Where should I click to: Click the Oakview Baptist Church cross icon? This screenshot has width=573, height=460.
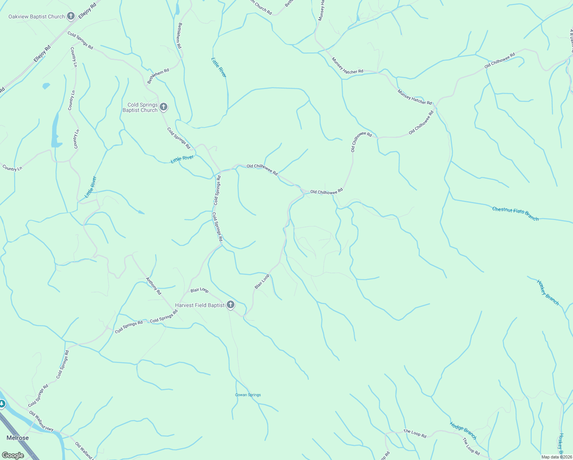pyautogui.click(x=71, y=16)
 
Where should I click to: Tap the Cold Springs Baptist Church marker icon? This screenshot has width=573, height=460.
pyautogui.click(x=164, y=107)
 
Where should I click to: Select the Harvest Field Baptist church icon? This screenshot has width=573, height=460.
pyautogui.click(x=230, y=305)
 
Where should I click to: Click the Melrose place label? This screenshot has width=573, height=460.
pyautogui.click(x=18, y=438)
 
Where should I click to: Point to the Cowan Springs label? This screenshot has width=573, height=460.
pyautogui.click(x=248, y=395)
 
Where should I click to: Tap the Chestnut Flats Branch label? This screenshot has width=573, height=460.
pyautogui.click(x=515, y=214)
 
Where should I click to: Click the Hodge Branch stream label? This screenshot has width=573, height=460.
pyautogui.click(x=463, y=430)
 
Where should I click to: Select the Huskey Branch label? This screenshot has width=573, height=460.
pyautogui.click(x=547, y=292)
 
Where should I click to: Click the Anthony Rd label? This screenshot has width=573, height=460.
pyautogui.click(x=154, y=286)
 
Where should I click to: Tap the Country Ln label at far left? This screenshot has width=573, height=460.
pyautogui.click(x=12, y=168)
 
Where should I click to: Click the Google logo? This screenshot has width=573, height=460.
pyautogui.click(x=13, y=455)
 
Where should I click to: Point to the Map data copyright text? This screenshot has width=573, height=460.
pyautogui.click(x=557, y=457)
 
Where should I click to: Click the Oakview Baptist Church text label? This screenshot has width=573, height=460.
pyautogui.click(x=37, y=16)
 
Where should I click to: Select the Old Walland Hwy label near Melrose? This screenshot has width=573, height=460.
pyautogui.click(x=41, y=421)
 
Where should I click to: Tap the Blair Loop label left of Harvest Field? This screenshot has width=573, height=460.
pyautogui.click(x=200, y=290)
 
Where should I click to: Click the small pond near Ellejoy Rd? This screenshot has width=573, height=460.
pyautogui.click(x=46, y=86)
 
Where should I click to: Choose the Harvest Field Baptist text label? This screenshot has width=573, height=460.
pyautogui.click(x=200, y=305)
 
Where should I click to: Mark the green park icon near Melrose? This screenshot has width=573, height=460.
pyautogui.click(x=2, y=404)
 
